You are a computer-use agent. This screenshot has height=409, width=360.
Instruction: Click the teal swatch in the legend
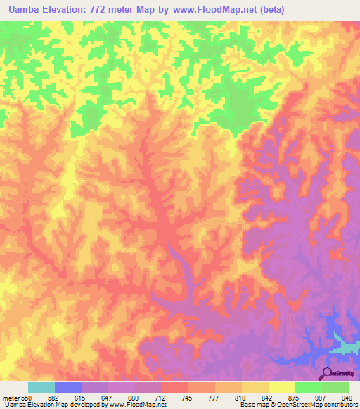pos(41,387)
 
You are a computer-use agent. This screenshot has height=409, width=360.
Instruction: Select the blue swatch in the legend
pos(68,387)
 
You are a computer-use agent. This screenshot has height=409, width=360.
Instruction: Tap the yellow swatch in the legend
pos(282,387)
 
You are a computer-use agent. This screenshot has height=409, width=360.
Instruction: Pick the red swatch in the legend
pos(175,387)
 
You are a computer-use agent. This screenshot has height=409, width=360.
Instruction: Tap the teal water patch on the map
pos(345,346)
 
